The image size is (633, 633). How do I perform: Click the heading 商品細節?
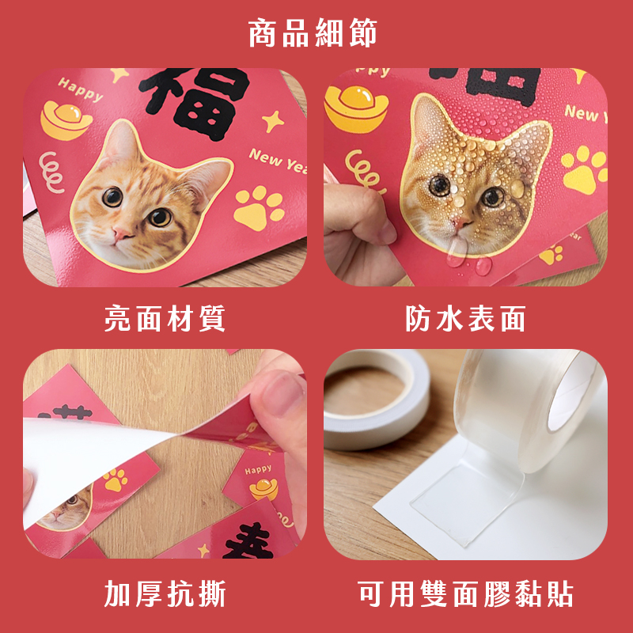pos(313,32)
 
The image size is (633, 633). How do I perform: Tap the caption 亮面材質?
pos(165,319)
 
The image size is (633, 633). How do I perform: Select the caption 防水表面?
pos(465,319)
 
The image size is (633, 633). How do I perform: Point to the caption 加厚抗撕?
pos(165,594)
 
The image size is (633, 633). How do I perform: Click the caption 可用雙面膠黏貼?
pos(465,594)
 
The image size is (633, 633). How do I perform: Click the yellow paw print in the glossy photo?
pos(259,207)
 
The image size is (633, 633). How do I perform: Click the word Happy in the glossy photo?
pos(80,89)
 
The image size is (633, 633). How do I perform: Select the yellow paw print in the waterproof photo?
pos(584,169)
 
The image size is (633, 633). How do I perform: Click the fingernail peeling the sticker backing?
pos(282,393)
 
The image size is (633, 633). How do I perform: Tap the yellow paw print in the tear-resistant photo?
pos(115,479)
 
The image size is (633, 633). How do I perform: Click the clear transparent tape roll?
pos(529,407)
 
